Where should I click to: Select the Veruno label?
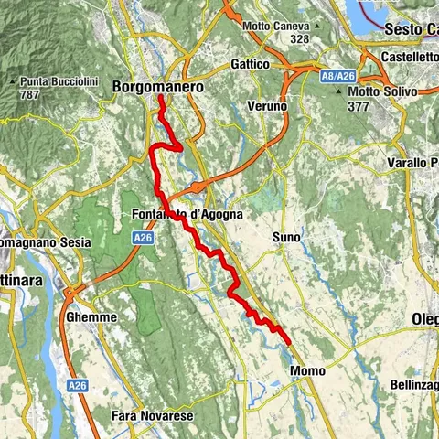[267, 107]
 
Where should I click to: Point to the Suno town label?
[285, 237]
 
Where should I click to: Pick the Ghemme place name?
[91, 316]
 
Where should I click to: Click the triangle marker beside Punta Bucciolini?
[12, 82]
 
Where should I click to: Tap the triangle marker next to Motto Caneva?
[316, 27]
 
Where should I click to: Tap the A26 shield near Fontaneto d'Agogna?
[141, 237]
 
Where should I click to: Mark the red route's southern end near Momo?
[290, 343]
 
